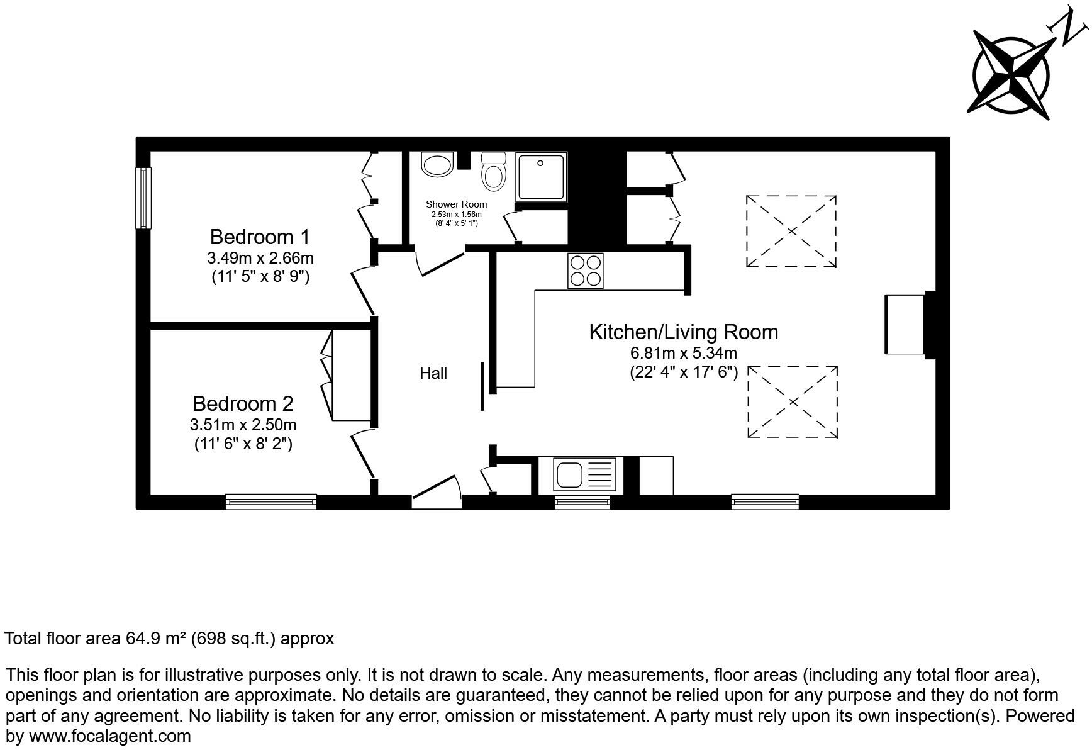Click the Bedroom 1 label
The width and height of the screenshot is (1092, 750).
260,237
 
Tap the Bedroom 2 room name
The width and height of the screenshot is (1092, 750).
243,403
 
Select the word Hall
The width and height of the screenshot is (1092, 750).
433,374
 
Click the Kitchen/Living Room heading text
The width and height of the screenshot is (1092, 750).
683,332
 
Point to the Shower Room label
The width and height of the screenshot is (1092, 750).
456,204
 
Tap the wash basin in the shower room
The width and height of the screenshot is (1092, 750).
437,165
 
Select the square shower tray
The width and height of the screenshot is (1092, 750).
541,176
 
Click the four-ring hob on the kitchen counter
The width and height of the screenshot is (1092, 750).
585,271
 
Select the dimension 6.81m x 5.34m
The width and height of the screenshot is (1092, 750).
683,353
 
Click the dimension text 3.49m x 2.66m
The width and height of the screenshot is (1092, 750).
260,258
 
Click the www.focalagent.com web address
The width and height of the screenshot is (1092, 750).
109,736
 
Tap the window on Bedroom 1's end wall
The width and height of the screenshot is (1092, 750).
144,198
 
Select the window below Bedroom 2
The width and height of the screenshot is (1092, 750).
271,501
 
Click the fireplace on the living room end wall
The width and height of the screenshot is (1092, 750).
906,325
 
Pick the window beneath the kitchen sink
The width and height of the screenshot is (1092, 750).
582,501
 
